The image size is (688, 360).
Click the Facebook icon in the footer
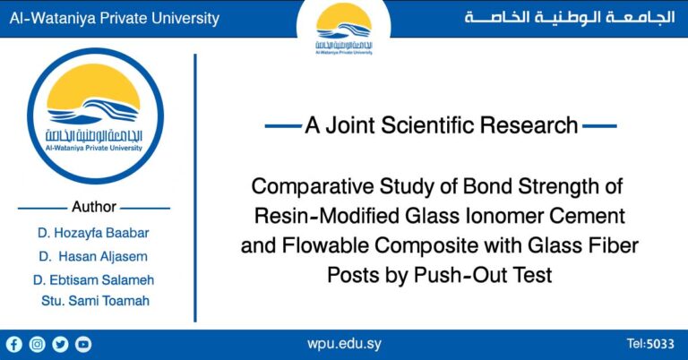point(13,344)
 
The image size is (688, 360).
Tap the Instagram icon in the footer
point(37,344)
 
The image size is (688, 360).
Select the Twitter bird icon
point(60,344)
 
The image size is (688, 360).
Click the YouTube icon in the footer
point(83,344)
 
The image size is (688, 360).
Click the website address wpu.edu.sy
point(344,344)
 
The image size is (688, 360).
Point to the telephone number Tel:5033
point(649,344)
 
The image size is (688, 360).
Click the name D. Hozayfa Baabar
point(94,234)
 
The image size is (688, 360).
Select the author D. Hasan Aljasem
point(94,257)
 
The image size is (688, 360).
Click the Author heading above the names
point(94,207)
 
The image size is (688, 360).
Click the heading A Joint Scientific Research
point(441,126)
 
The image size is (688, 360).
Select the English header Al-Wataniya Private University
point(110,18)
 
